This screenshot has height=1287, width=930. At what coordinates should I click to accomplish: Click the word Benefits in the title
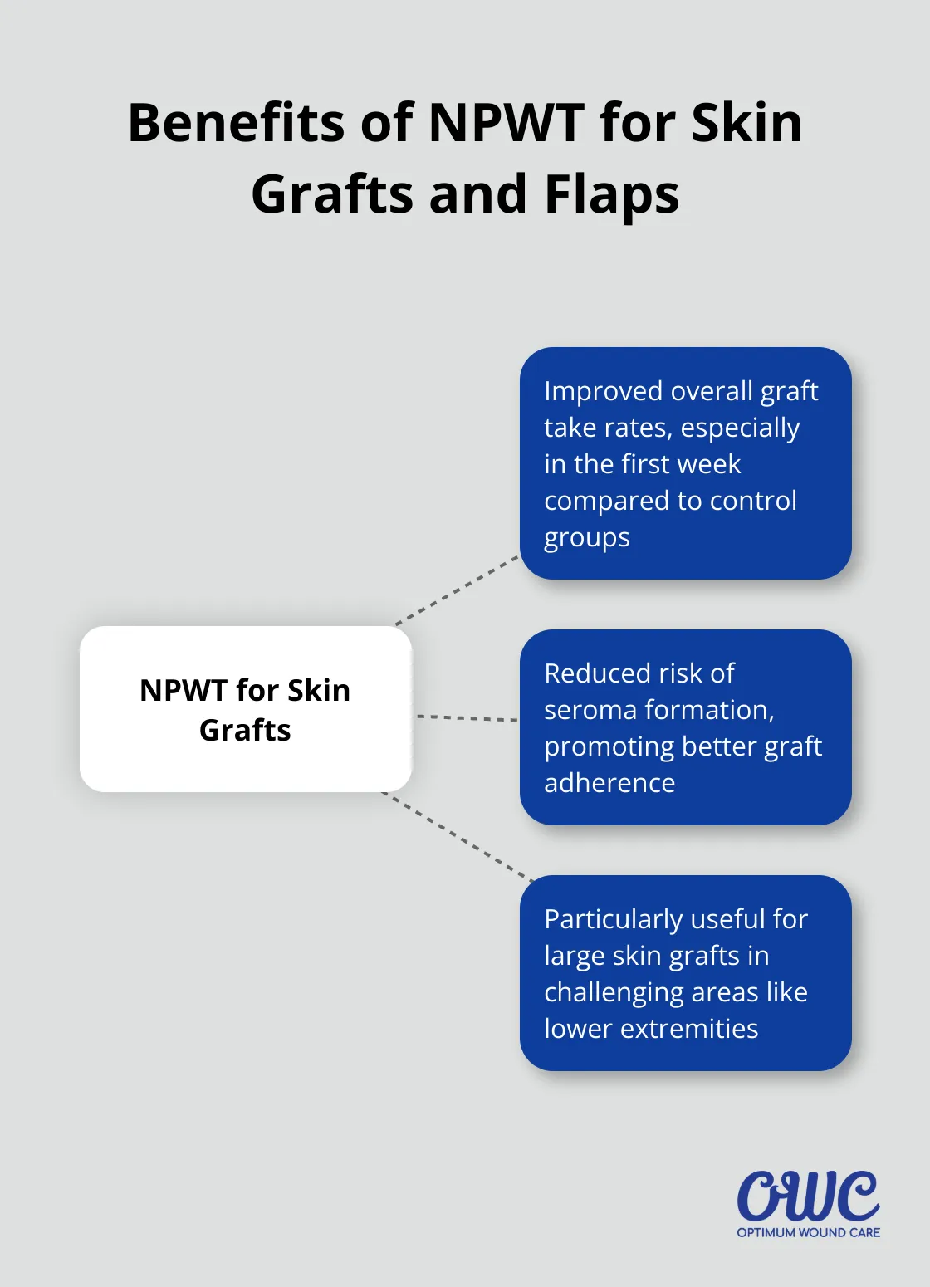237,124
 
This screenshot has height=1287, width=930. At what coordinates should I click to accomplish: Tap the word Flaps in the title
611,195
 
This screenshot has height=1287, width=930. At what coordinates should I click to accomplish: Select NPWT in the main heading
506,124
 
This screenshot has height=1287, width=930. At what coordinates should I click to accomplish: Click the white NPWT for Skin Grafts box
245,709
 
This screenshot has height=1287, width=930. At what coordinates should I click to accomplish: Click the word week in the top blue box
708,464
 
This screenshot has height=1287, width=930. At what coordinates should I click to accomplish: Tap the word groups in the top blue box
586,538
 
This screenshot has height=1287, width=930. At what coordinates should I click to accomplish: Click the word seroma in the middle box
590,710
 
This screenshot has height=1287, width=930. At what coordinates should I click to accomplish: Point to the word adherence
609,783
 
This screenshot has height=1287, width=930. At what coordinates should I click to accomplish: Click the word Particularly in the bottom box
613,919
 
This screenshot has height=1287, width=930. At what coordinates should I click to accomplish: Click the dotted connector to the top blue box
457,590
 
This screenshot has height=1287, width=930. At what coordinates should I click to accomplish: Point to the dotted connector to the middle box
467,717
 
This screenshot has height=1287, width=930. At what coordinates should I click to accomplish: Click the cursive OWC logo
808,1196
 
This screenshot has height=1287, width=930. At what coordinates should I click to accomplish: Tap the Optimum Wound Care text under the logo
808,1232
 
